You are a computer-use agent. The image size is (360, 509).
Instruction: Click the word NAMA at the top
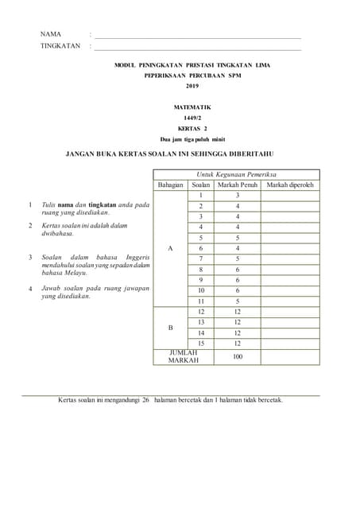tap(51, 34)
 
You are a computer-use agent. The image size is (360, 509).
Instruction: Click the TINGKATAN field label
tap(60, 46)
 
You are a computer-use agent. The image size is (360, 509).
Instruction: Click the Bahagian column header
tap(170, 185)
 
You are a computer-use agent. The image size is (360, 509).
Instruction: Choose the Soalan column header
tap(201, 185)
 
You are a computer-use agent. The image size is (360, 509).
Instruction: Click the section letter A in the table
tap(170, 248)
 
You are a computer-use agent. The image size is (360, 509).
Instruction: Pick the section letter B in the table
tap(170, 328)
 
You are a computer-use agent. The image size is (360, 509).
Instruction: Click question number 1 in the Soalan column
tap(202, 196)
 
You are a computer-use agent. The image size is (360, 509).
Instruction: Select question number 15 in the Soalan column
tap(202, 344)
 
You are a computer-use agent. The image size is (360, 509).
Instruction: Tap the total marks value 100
tap(237, 356)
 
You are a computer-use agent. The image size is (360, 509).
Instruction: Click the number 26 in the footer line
tap(145, 400)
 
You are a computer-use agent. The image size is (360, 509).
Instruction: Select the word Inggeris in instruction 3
tap(132, 258)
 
